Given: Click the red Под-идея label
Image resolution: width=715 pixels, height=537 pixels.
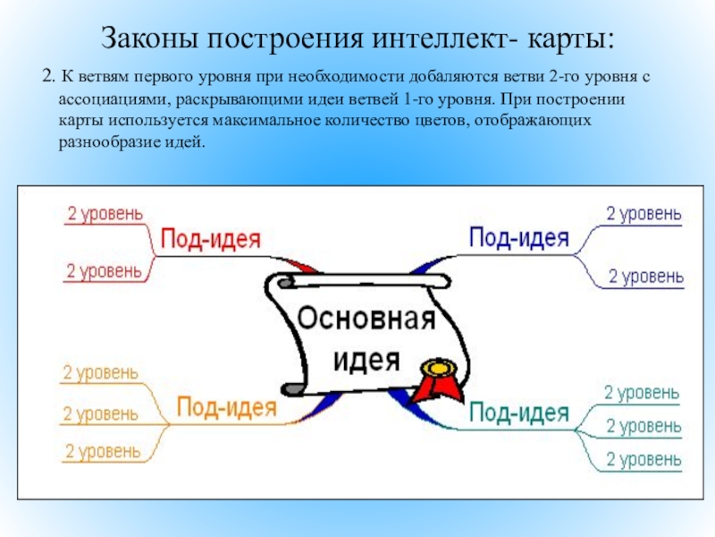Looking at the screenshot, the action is [210, 239].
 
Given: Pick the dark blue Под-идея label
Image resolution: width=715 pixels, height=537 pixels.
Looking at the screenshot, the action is [519, 237].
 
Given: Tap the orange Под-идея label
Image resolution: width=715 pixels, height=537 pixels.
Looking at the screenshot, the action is [225, 407].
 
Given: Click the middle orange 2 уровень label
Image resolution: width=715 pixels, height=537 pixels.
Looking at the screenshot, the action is [99, 413].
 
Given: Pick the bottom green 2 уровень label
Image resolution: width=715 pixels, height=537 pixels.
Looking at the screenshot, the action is [643, 459].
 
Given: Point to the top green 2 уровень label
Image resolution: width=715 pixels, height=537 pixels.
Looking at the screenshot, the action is [642, 392].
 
